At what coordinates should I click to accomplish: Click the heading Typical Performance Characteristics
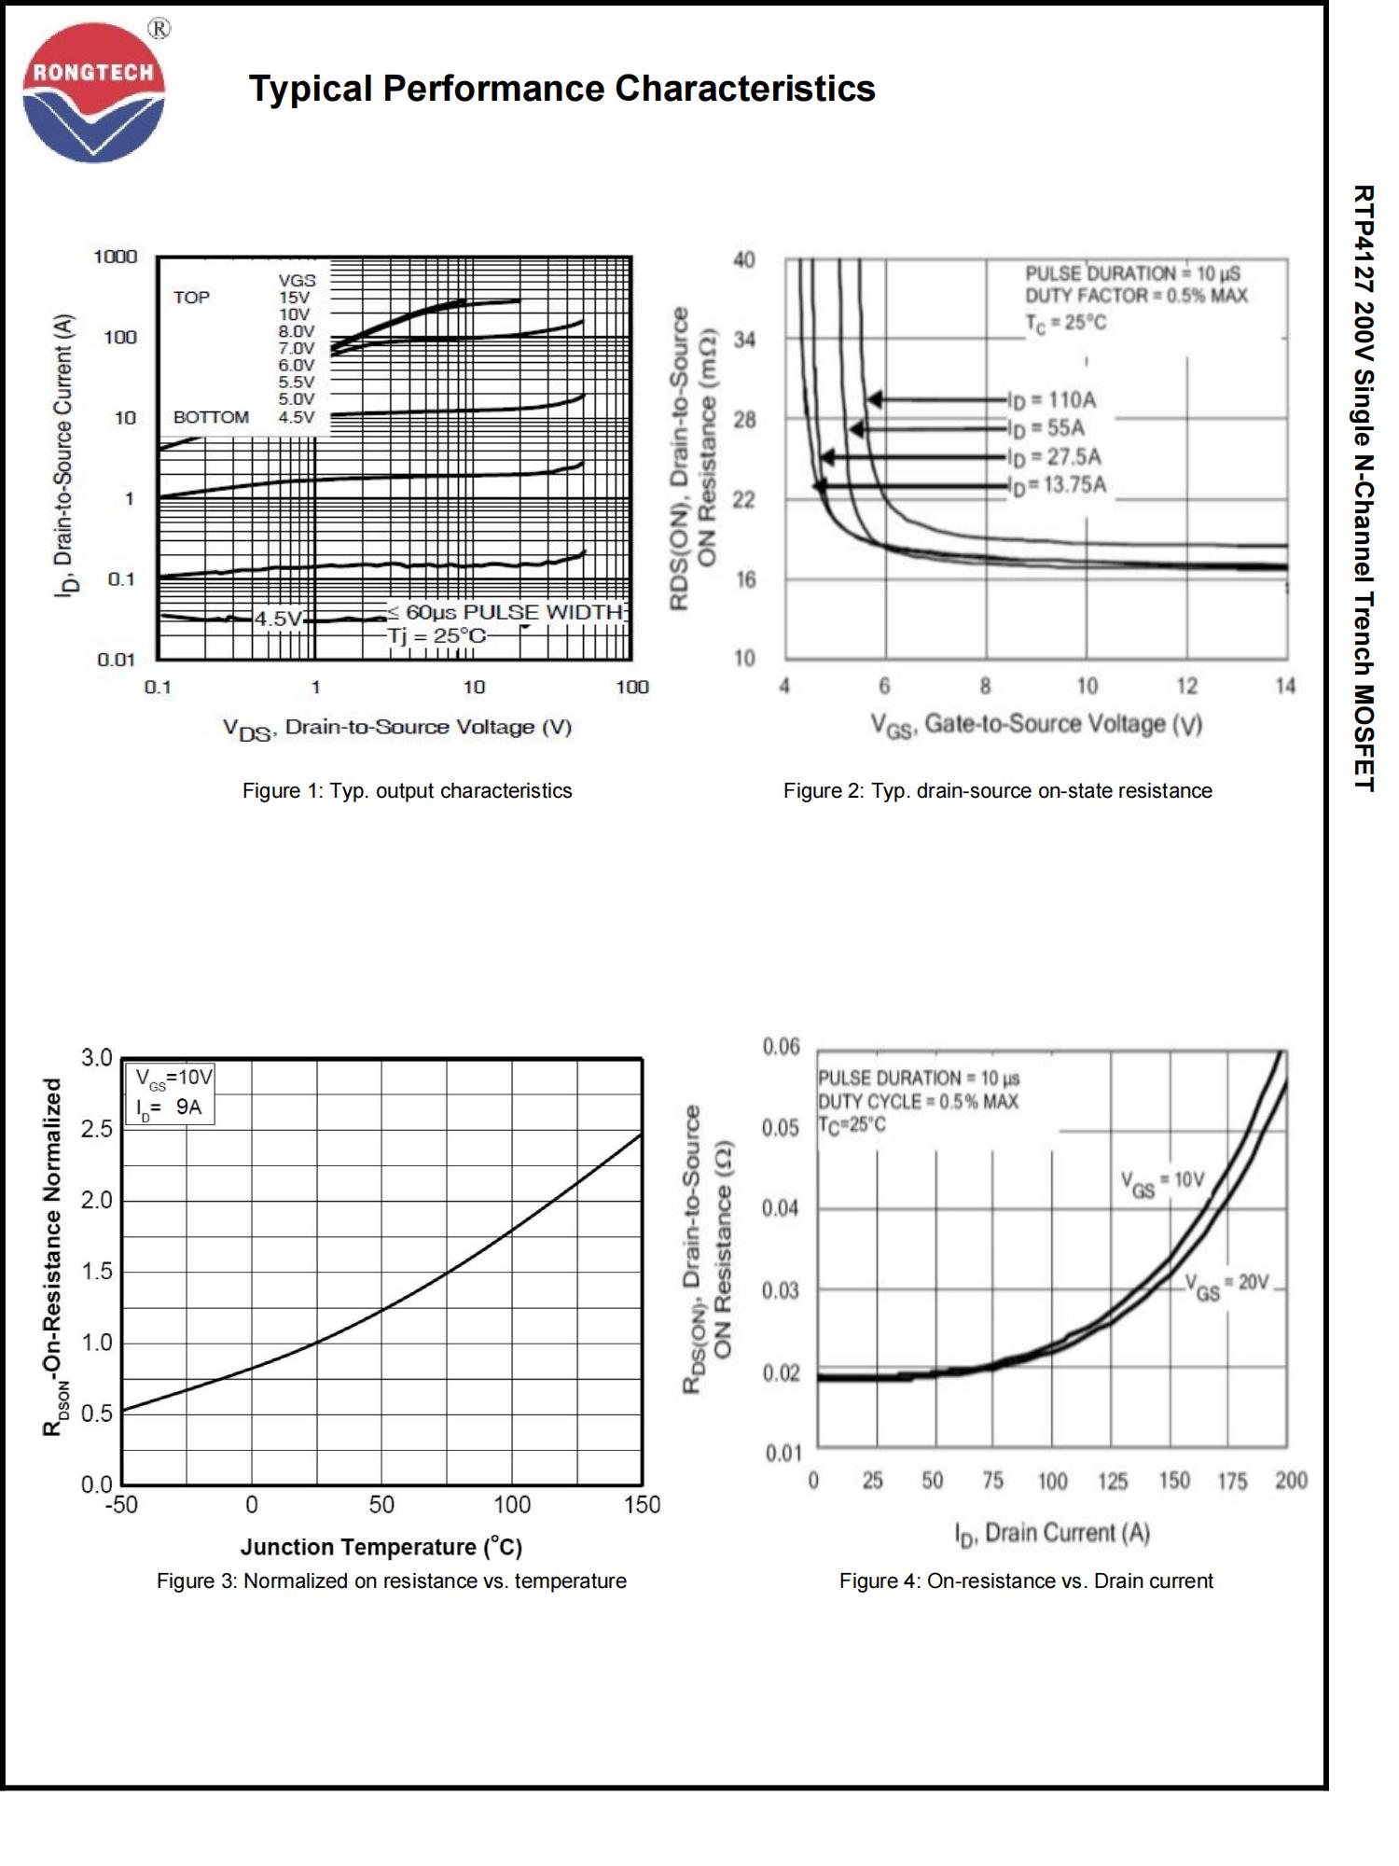pyautogui.click(x=561, y=89)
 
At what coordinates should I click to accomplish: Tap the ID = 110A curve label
pyautogui.click(x=1052, y=400)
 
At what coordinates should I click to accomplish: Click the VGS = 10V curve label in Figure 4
pyautogui.click(x=1163, y=1182)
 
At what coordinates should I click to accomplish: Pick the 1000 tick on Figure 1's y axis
pyautogui.click(x=115, y=257)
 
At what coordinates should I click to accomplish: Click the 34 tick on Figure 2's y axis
pyautogui.click(x=744, y=340)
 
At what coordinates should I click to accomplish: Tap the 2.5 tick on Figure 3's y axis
pyautogui.click(x=96, y=1129)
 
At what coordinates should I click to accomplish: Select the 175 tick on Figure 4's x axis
pyautogui.click(x=1232, y=1481)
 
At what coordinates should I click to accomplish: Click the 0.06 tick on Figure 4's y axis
pyautogui.click(x=781, y=1047)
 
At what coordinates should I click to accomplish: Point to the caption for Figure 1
pyautogui.click(x=407, y=790)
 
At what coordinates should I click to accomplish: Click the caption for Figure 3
pyautogui.click(x=391, y=1581)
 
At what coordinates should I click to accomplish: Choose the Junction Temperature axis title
pyautogui.click(x=381, y=1547)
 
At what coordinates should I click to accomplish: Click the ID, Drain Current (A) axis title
pyautogui.click(x=1051, y=1533)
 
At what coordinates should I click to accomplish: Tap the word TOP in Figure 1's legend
pyautogui.click(x=191, y=298)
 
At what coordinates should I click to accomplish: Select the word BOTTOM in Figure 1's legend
pyautogui.click(x=211, y=417)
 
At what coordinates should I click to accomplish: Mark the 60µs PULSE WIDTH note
pyautogui.click(x=505, y=612)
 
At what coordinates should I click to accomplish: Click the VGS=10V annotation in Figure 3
pyautogui.click(x=174, y=1078)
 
